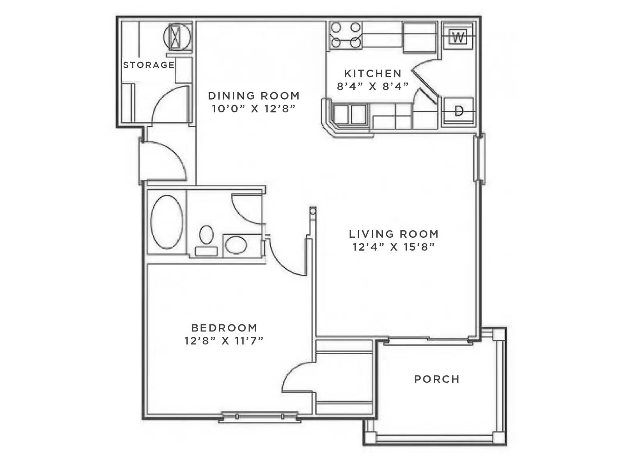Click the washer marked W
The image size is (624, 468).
(x=458, y=37)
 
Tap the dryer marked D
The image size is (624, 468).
(x=459, y=111)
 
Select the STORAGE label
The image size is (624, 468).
(x=149, y=65)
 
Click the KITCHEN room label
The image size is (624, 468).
(x=372, y=73)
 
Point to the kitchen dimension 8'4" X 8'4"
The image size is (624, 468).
(x=372, y=86)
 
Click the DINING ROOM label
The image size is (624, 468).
(x=253, y=96)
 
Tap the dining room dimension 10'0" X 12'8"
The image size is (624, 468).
(x=253, y=109)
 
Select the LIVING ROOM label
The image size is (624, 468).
(x=394, y=234)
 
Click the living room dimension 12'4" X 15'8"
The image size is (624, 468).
(x=394, y=247)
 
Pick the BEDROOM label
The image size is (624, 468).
(x=224, y=328)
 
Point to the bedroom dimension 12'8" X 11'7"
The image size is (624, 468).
(x=224, y=341)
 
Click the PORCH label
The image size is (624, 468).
(x=437, y=379)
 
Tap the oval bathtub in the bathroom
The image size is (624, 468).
(x=167, y=222)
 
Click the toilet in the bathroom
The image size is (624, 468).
(x=206, y=240)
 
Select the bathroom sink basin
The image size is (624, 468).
(x=236, y=245)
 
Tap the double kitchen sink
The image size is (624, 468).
(x=350, y=114)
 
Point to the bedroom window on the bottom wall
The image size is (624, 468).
(x=260, y=417)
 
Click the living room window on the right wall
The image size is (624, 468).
(x=479, y=158)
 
